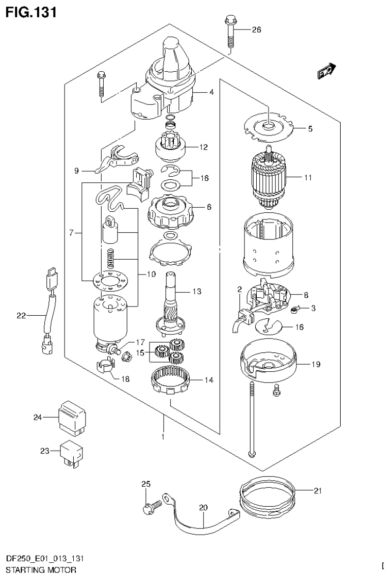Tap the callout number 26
pyautogui.click(x=256, y=30)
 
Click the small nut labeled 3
pyautogui.click(x=294, y=309)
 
